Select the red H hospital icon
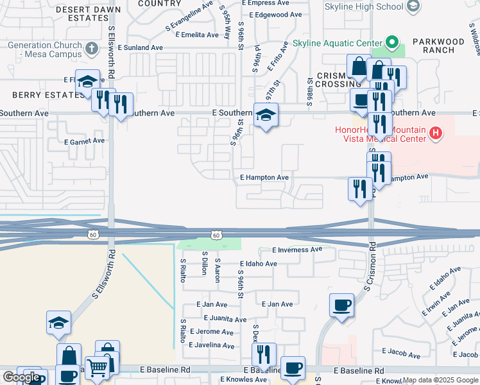click(436, 133)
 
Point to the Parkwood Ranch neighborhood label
click(438, 46)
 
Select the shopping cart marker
click(97, 368)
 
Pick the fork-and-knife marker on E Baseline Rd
click(263, 354)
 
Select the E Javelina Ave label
click(211, 345)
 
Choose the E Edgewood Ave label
click(275, 15)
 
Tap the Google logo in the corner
click(22, 377)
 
